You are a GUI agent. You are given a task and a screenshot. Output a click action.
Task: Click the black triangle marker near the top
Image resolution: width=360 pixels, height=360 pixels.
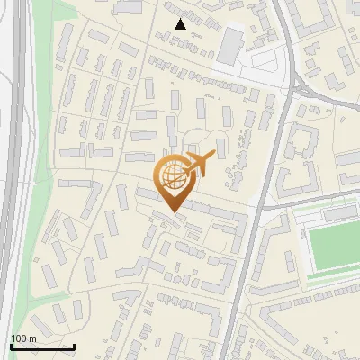point(181,24)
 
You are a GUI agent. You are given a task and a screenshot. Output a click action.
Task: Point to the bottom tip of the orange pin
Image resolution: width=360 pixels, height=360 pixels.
point(173,213)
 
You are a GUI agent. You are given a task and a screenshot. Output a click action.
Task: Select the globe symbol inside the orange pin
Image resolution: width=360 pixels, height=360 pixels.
point(173,176)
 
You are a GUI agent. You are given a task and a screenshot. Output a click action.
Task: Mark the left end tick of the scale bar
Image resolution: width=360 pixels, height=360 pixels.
point(11,346)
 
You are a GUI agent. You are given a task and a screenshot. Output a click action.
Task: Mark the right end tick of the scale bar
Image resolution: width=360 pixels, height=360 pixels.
point(74,346)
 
